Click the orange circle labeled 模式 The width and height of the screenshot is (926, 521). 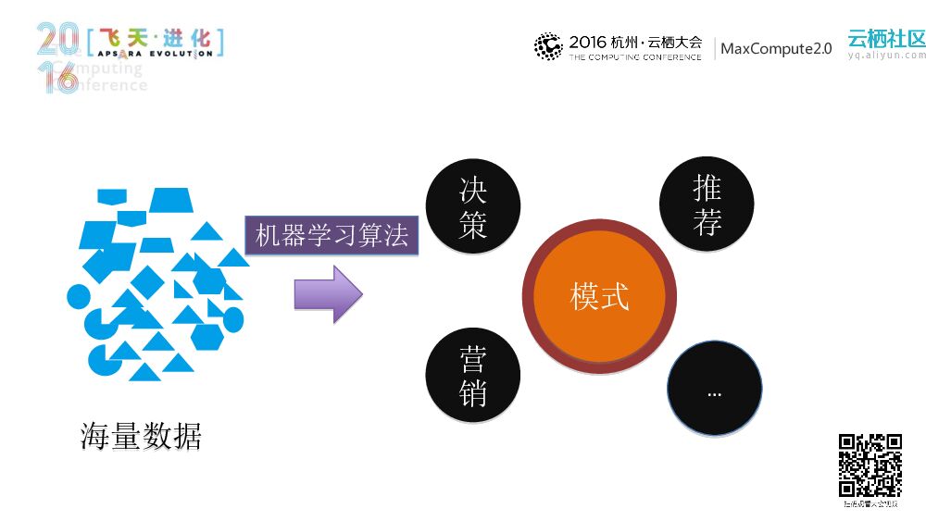pyautogui.click(x=599, y=297)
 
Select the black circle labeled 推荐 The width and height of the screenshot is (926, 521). pyautogui.click(x=707, y=205)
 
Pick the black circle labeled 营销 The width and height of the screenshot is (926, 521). pyautogui.click(x=472, y=376)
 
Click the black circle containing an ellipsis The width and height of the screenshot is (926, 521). pyautogui.click(x=714, y=390)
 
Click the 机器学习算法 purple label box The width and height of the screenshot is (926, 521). pyautogui.click(x=332, y=236)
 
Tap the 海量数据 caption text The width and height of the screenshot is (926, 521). pyautogui.click(x=141, y=436)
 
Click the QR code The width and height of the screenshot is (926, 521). pyautogui.click(x=870, y=465)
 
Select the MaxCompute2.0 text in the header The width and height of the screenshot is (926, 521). pyautogui.click(x=776, y=48)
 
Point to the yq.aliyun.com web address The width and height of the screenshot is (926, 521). pyautogui.click(x=886, y=56)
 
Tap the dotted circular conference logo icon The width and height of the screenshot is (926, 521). pyautogui.click(x=548, y=46)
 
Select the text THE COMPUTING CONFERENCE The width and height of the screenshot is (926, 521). pyautogui.click(x=634, y=57)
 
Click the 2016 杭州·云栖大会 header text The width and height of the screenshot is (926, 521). pyautogui.click(x=635, y=42)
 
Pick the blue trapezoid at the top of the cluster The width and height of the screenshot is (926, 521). pyautogui.click(x=169, y=200)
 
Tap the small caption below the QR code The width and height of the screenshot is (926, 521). pyautogui.click(x=870, y=504)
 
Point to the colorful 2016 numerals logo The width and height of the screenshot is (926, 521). pyautogui.click(x=56, y=56)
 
